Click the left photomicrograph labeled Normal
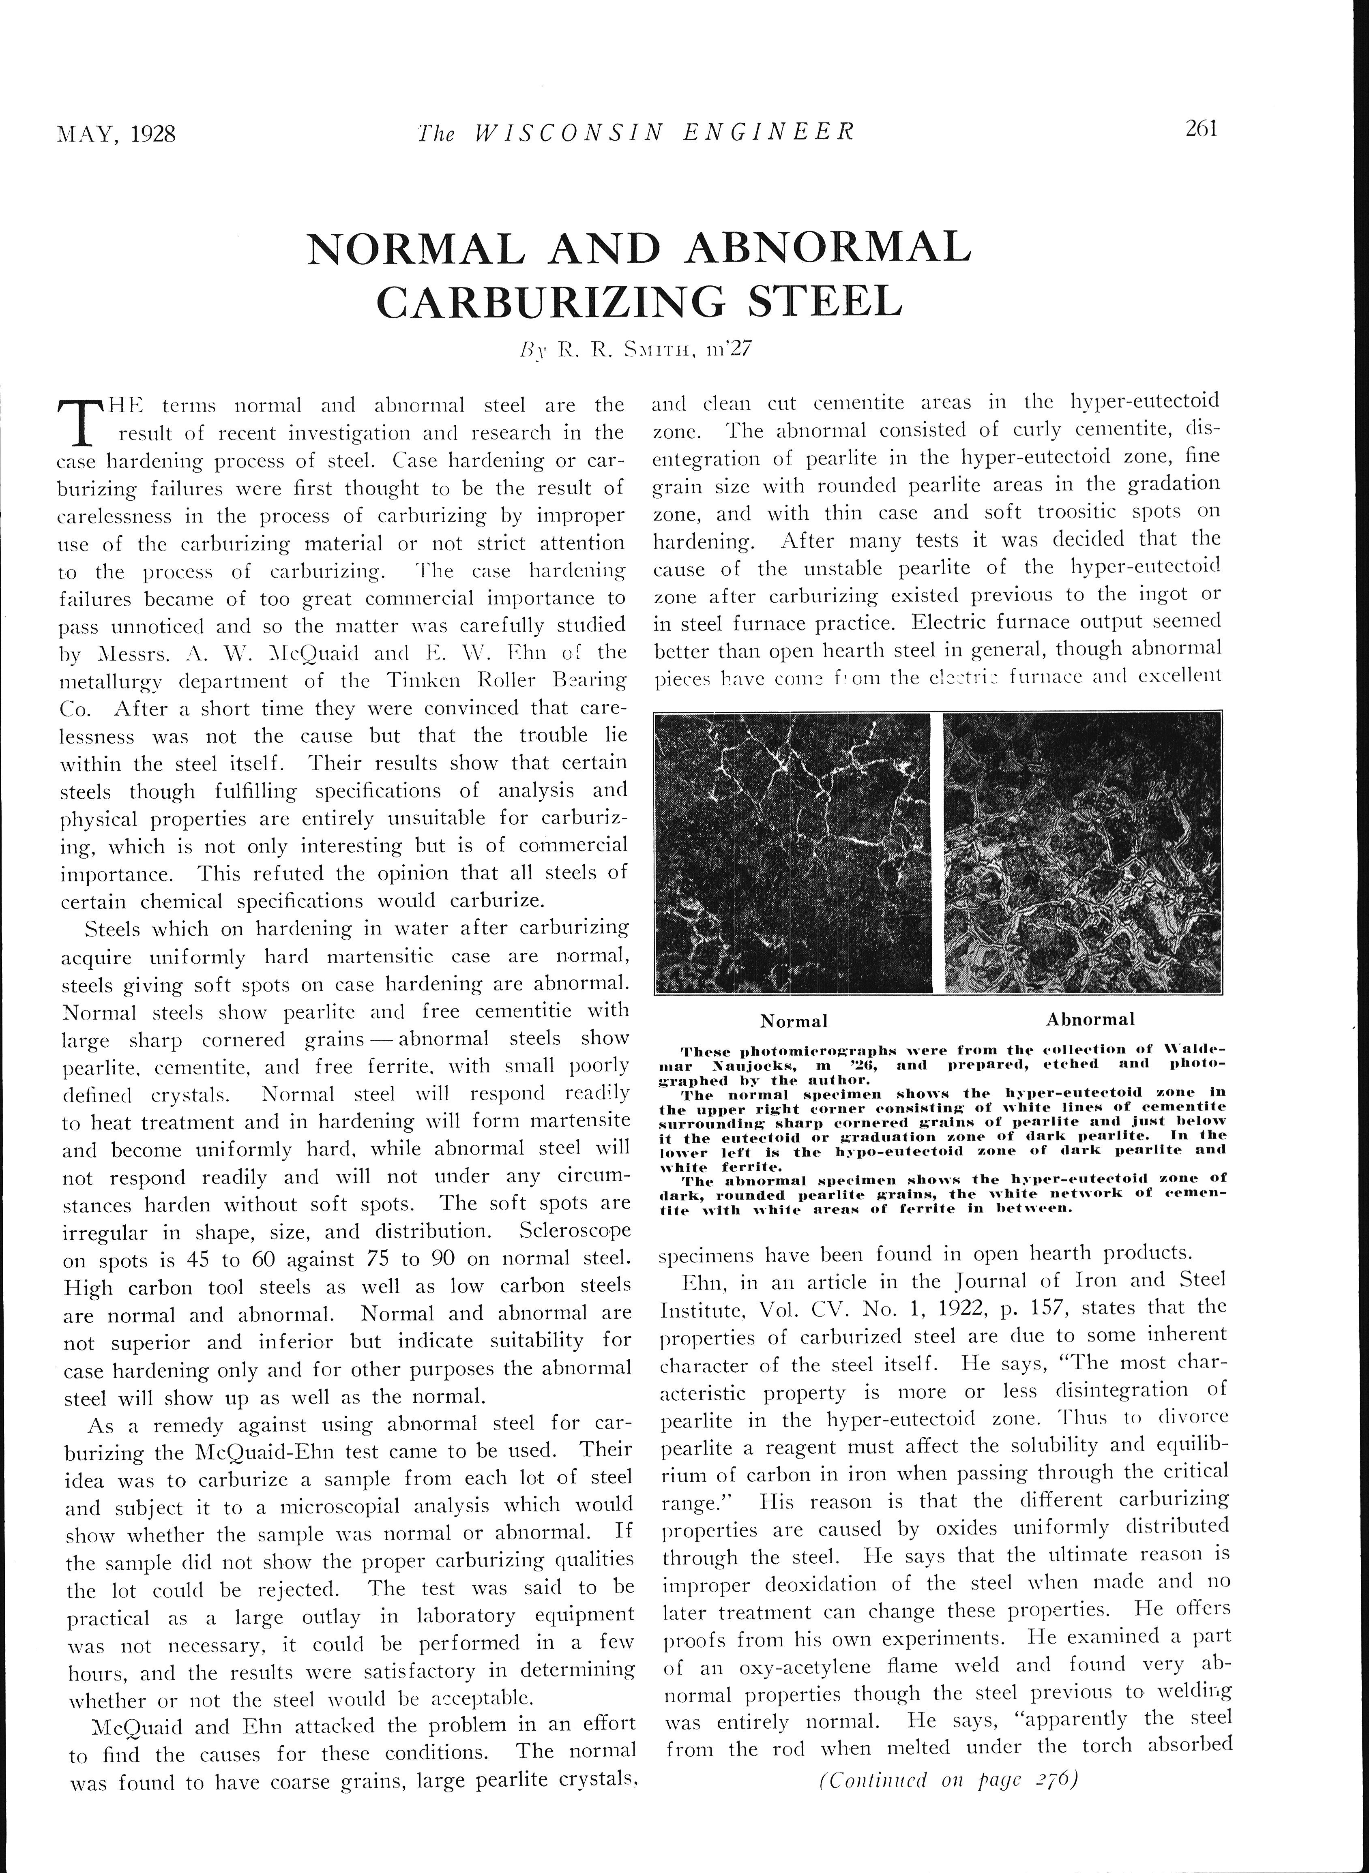tap(793, 852)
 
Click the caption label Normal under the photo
tap(794, 1020)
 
